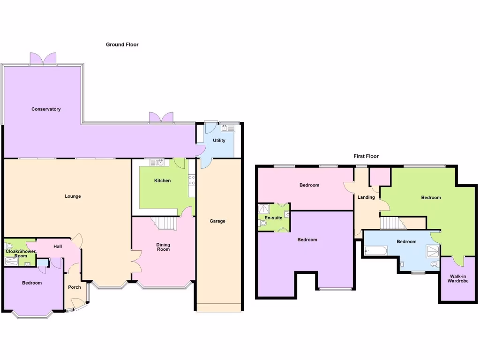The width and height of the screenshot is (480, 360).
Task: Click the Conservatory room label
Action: [46, 109]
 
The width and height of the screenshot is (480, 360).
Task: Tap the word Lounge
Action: [73, 196]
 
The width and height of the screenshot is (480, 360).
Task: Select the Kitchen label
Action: [163, 180]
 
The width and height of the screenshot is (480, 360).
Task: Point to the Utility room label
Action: [219, 140]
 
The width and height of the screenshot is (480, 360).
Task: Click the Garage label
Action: [217, 221]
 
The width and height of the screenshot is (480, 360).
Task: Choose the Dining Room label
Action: [163, 247]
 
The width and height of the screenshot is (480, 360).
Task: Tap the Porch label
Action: [75, 287]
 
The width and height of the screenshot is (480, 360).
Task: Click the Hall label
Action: [58, 247]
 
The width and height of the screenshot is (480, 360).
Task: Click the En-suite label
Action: [273, 218]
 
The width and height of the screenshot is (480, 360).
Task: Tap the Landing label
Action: [366, 197]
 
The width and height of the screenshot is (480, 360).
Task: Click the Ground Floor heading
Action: [122, 45]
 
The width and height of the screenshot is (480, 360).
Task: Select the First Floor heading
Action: [366, 156]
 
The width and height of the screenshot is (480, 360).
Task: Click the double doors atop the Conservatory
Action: [43, 59]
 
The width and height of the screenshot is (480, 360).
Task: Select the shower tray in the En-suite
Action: [264, 209]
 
